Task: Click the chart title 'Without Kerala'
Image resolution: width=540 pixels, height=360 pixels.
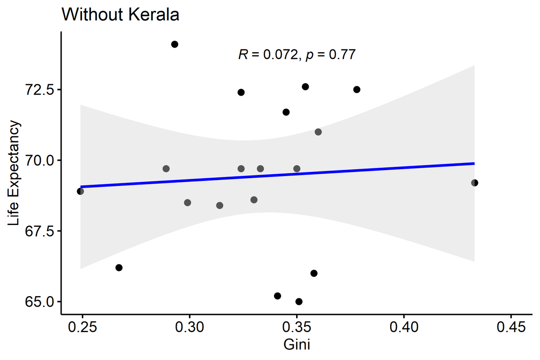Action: tap(121, 15)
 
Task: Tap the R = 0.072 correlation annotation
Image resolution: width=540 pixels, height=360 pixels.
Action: tap(297, 55)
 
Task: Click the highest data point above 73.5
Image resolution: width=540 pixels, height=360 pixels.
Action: tap(175, 44)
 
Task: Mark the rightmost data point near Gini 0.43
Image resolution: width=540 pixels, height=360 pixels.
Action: tap(474, 183)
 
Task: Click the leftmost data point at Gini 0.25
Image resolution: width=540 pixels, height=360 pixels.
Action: tap(81, 191)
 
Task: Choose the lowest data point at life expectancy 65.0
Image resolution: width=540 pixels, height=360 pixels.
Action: tap(299, 301)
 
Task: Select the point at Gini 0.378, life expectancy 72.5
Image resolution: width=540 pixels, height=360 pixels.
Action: tap(357, 90)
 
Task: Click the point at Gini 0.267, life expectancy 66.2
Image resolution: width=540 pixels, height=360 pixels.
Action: tap(119, 268)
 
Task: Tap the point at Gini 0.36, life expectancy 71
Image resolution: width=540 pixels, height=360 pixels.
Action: tap(318, 132)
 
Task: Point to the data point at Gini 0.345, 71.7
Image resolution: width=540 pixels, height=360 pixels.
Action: tap(286, 112)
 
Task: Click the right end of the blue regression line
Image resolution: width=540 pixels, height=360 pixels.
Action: tap(473, 163)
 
